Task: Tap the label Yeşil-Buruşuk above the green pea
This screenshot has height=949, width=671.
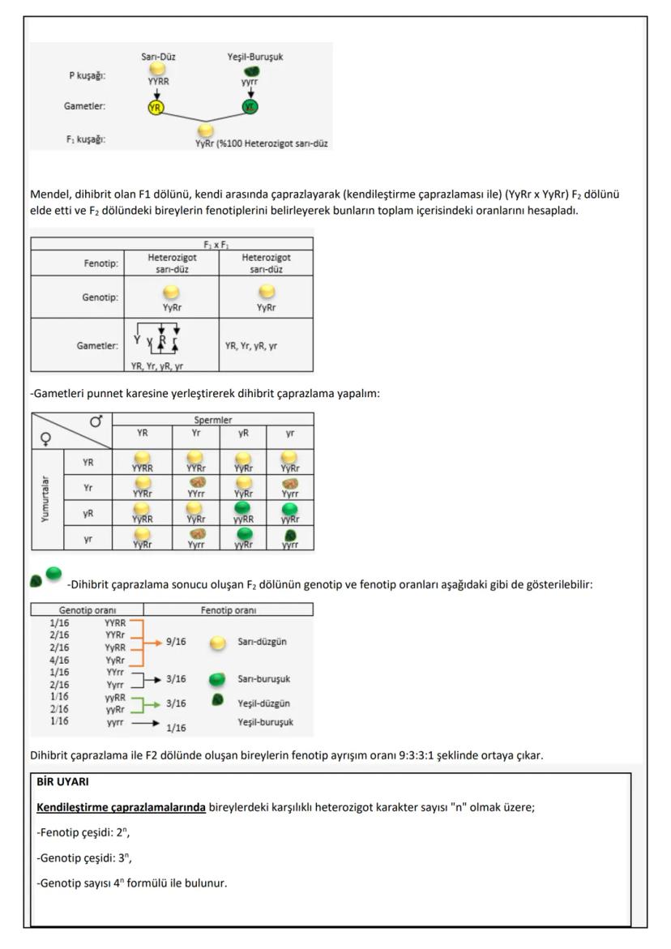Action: [255, 57]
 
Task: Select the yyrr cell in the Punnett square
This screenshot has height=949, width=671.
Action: [290, 541]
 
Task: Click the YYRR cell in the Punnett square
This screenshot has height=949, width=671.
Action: [143, 464]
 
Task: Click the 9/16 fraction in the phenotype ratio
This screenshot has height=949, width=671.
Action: [176, 641]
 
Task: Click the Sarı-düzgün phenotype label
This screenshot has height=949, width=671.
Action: [263, 641]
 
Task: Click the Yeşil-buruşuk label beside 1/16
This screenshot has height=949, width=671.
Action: [265, 721]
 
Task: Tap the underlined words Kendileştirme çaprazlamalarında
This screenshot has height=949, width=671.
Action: [121, 807]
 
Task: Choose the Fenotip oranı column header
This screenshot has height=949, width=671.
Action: [227, 609]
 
